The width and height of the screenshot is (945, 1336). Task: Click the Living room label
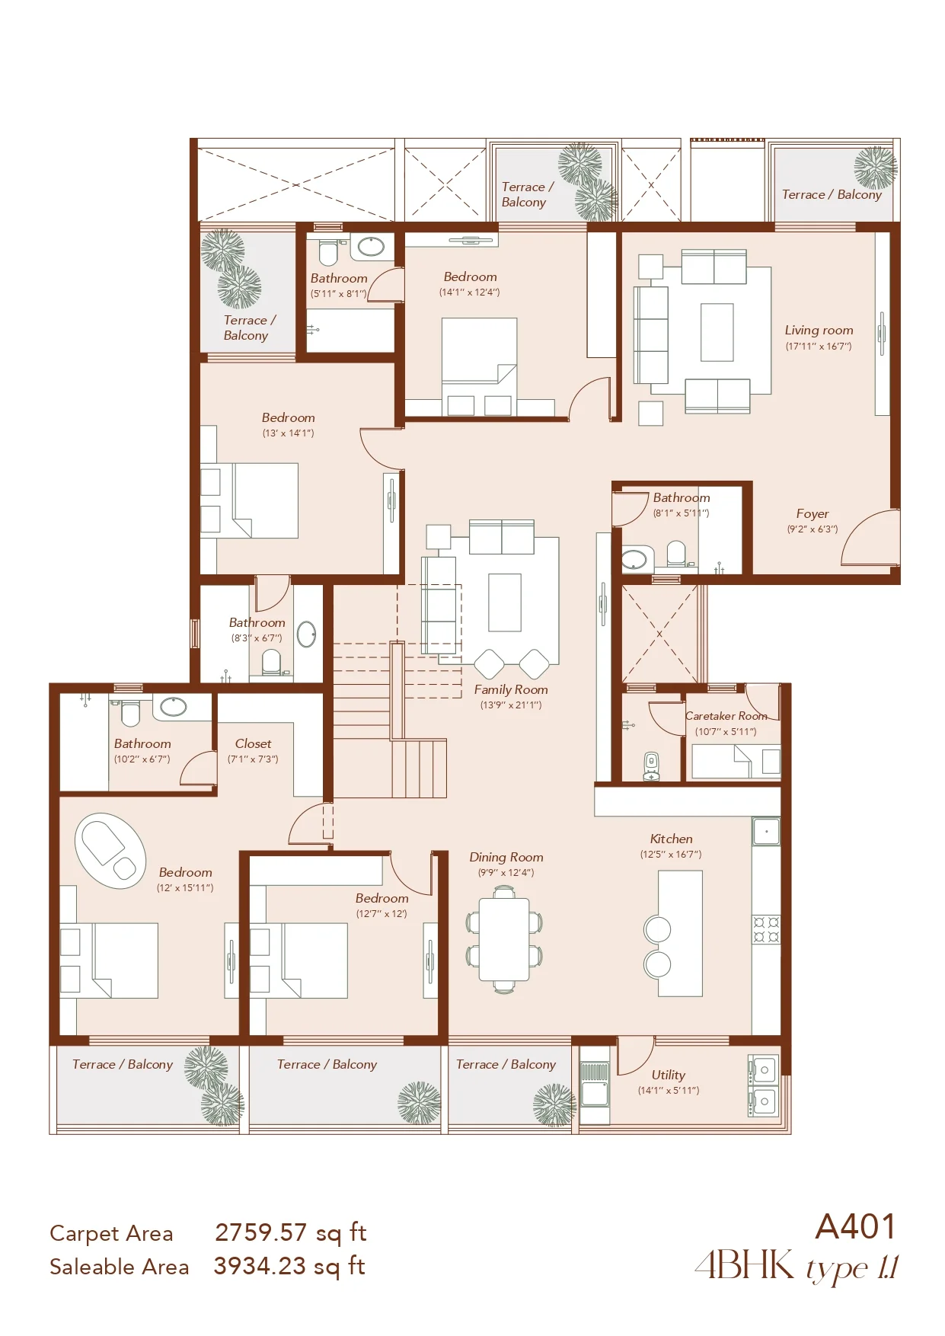[819, 331]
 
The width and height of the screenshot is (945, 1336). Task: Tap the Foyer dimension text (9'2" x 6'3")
[813, 529]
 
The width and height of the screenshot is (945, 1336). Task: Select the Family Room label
[511, 689]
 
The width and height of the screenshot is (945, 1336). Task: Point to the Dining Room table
[504, 940]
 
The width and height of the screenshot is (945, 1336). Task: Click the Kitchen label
[671, 839]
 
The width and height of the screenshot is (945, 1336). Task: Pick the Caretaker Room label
[726, 716]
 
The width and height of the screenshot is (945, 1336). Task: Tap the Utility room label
[669, 1075]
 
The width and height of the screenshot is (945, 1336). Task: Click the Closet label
[253, 743]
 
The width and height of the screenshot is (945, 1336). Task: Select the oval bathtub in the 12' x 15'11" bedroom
[110, 850]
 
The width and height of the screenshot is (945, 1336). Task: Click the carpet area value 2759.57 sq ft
[291, 1232]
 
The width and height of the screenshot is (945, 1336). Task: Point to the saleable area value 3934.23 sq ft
[289, 1266]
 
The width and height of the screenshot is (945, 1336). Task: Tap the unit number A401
[855, 1227]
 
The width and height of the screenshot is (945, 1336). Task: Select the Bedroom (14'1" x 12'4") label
[470, 277]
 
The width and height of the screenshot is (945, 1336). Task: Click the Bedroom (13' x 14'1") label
[288, 418]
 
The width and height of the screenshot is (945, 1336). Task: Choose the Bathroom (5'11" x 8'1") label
[339, 279]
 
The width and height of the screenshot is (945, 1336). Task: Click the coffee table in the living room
[717, 332]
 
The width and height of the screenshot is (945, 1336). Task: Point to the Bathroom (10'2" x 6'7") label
[142, 743]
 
